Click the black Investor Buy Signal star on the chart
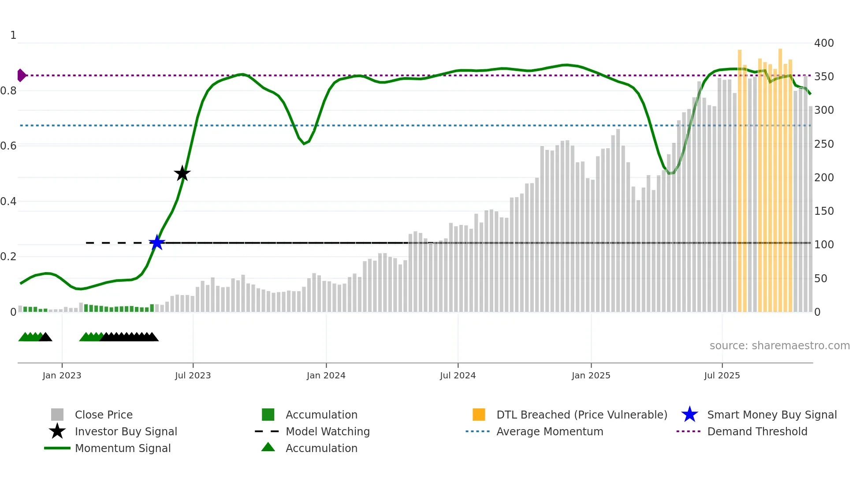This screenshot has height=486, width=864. [182, 173]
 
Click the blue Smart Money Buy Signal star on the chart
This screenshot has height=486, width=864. [157, 243]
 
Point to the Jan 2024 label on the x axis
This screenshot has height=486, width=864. [326, 375]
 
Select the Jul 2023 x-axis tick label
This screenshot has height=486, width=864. [193, 375]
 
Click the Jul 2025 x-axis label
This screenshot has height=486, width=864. [722, 375]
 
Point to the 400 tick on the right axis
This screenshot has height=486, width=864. [823, 43]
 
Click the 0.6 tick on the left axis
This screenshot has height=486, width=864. [8, 146]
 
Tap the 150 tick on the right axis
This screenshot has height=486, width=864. [823, 211]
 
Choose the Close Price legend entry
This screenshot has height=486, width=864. [104, 415]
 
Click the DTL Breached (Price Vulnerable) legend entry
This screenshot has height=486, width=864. [581, 415]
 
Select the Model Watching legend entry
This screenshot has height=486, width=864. [327, 431]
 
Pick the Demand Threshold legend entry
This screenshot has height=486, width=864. [757, 431]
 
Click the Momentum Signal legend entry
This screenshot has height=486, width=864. [123, 448]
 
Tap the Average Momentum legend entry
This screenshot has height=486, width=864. [549, 431]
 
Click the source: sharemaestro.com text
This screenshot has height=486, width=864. [779, 345]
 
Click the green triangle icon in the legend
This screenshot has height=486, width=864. [268, 447]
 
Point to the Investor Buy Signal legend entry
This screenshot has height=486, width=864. [126, 431]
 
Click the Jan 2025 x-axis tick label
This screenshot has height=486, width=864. [591, 375]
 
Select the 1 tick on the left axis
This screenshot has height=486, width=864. [13, 35]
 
